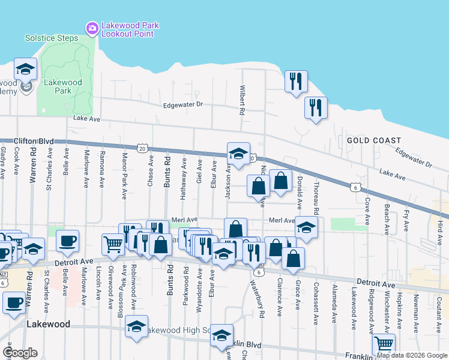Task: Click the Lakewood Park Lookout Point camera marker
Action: click(92, 28)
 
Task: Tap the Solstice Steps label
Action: click(52, 38)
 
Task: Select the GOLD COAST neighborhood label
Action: click(373, 140)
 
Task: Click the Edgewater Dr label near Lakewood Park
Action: click(184, 104)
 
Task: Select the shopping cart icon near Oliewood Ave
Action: click(112, 244)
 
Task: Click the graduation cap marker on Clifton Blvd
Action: click(238, 153)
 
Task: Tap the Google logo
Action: click(20, 353)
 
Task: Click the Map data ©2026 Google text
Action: click(412, 355)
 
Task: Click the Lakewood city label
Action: click(49, 324)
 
